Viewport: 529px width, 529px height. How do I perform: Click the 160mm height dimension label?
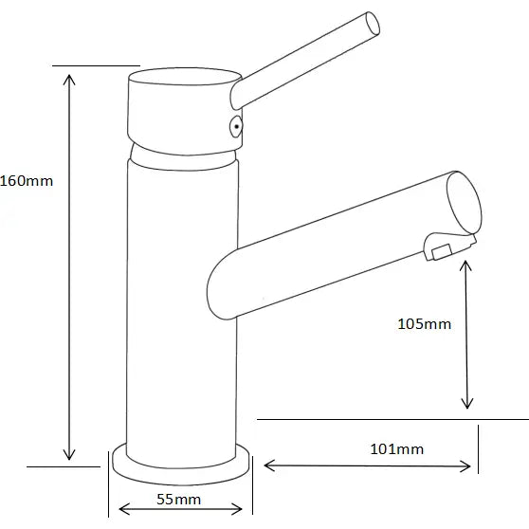pyautogui.click(x=27, y=180)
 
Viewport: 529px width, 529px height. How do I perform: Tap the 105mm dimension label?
pyautogui.click(x=423, y=324)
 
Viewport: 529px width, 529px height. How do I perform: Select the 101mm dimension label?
pyautogui.click(x=397, y=448)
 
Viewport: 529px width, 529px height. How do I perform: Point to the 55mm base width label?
pyautogui.click(x=178, y=499)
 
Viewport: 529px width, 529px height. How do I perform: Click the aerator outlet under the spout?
pyautogui.click(x=440, y=250)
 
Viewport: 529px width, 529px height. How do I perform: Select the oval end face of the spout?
pyautogui.click(x=463, y=203)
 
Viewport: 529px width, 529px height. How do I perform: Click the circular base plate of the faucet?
pyautogui.click(x=182, y=465)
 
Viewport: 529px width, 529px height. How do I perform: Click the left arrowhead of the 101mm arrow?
pyautogui.click(x=268, y=465)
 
